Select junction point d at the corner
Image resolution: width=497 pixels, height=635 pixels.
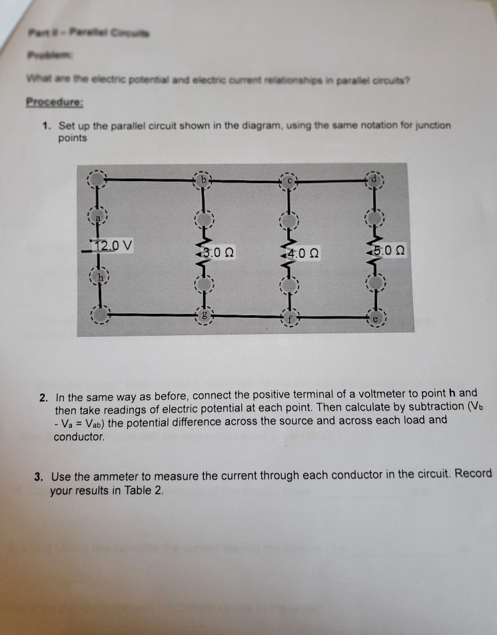tap(374, 179)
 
